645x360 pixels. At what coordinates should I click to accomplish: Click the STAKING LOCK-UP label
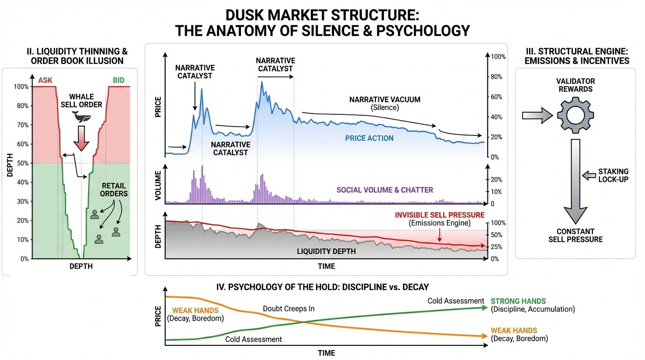(x=613, y=175)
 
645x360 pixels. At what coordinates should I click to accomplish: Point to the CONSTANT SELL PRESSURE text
(x=576, y=235)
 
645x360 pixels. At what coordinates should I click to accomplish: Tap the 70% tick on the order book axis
(x=22, y=125)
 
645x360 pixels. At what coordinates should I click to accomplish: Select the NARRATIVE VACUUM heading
(x=385, y=100)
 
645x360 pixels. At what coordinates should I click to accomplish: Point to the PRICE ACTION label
(x=369, y=138)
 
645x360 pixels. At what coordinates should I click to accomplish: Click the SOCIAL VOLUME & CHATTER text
(x=385, y=190)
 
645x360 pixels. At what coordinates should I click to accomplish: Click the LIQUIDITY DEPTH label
(x=326, y=251)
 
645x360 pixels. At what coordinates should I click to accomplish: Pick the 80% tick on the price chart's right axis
(x=496, y=77)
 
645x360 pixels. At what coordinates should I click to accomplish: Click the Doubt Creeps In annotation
(x=288, y=308)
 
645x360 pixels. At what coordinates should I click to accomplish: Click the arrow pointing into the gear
(x=536, y=115)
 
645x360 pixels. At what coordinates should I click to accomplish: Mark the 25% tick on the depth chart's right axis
(x=496, y=247)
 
